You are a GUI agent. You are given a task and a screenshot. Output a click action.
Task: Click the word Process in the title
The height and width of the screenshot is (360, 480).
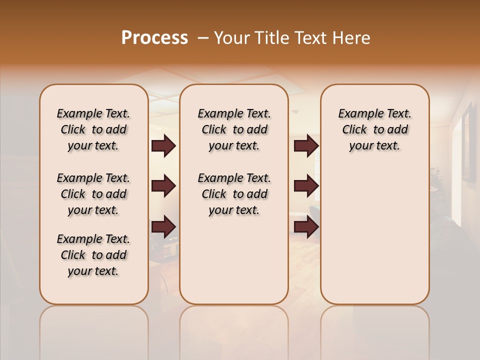coord(154,38)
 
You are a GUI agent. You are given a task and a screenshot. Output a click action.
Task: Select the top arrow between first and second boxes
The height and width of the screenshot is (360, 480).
coord(163,145)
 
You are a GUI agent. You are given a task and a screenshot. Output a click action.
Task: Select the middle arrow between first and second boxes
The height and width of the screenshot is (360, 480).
coord(163,186)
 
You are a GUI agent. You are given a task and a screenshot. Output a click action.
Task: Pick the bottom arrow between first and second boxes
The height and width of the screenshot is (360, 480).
coord(163,227)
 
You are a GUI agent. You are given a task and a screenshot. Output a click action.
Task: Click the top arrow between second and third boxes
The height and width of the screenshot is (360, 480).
coord(306,145)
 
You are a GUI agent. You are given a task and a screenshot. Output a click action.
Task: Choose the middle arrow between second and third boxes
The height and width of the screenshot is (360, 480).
coord(306,186)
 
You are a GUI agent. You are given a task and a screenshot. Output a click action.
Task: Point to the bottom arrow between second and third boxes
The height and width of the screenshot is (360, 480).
coord(306,227)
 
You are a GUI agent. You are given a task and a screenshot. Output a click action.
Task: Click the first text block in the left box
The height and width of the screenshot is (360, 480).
coord(93,129)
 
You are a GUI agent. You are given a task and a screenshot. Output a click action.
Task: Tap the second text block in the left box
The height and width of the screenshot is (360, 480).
coord(93,194)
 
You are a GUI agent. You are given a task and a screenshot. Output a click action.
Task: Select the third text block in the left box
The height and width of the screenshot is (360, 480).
coord(93,255)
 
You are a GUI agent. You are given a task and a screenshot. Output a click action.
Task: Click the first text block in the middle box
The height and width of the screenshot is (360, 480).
coord(234,129)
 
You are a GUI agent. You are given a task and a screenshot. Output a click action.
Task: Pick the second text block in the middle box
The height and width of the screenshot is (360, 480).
coord(234,194)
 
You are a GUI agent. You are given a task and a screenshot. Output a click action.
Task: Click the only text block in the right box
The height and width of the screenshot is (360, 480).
coord(374,129)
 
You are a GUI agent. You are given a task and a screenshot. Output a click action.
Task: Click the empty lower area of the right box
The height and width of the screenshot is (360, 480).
coord(374,235)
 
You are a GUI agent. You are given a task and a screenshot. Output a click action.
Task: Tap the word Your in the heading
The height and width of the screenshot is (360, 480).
coord(231,38)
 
